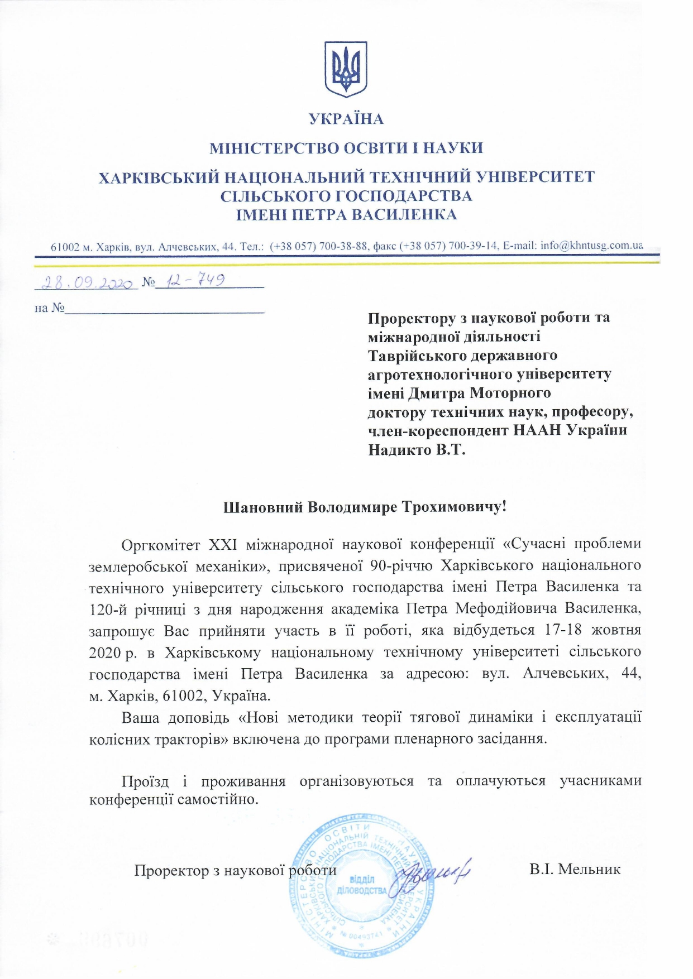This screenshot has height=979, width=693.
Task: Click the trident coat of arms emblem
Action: click(346, 69)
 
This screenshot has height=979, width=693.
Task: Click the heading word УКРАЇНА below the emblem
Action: click(346, 119)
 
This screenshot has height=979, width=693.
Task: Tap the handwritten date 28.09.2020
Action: click(87, 282)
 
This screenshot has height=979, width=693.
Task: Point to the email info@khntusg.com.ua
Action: click(591, 246)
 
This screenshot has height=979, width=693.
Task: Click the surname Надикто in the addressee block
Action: click(399, 450)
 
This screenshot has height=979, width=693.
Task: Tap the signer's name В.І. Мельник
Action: click(575, 870)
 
